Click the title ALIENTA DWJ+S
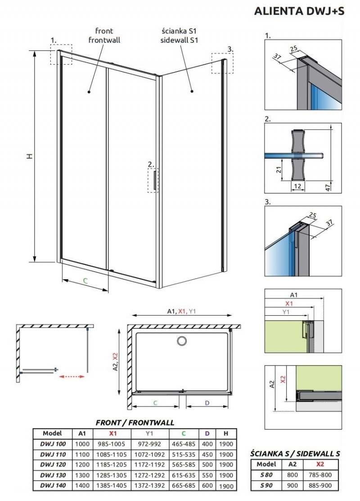point(299,11)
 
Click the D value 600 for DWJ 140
point(207,486)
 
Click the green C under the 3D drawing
point(85,281)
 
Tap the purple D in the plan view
point(207,403)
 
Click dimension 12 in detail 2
point(297,185)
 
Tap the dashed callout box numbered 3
point(223,63)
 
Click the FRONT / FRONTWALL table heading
point(135,423)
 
